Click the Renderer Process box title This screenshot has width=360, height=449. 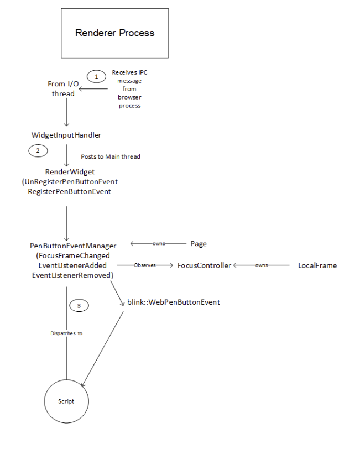coord(114,33)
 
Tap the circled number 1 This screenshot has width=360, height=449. coord(96,77)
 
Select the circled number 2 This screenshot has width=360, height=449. coord(38,150)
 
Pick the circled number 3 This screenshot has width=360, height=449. coord(79,305)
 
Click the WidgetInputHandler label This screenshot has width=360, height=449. coord(66,135)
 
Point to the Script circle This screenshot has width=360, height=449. coord(66,401)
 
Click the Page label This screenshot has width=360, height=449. coord(199,243)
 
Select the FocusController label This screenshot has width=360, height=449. coord(204,265)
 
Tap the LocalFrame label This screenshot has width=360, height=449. coord(317,265)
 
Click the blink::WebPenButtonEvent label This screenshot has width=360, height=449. coord(173,302)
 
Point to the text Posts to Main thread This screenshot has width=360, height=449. coord(111,156)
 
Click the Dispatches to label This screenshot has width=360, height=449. coord(66,333)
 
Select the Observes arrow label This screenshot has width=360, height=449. coord(145,265)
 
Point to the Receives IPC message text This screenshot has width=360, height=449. coord(130,76)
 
